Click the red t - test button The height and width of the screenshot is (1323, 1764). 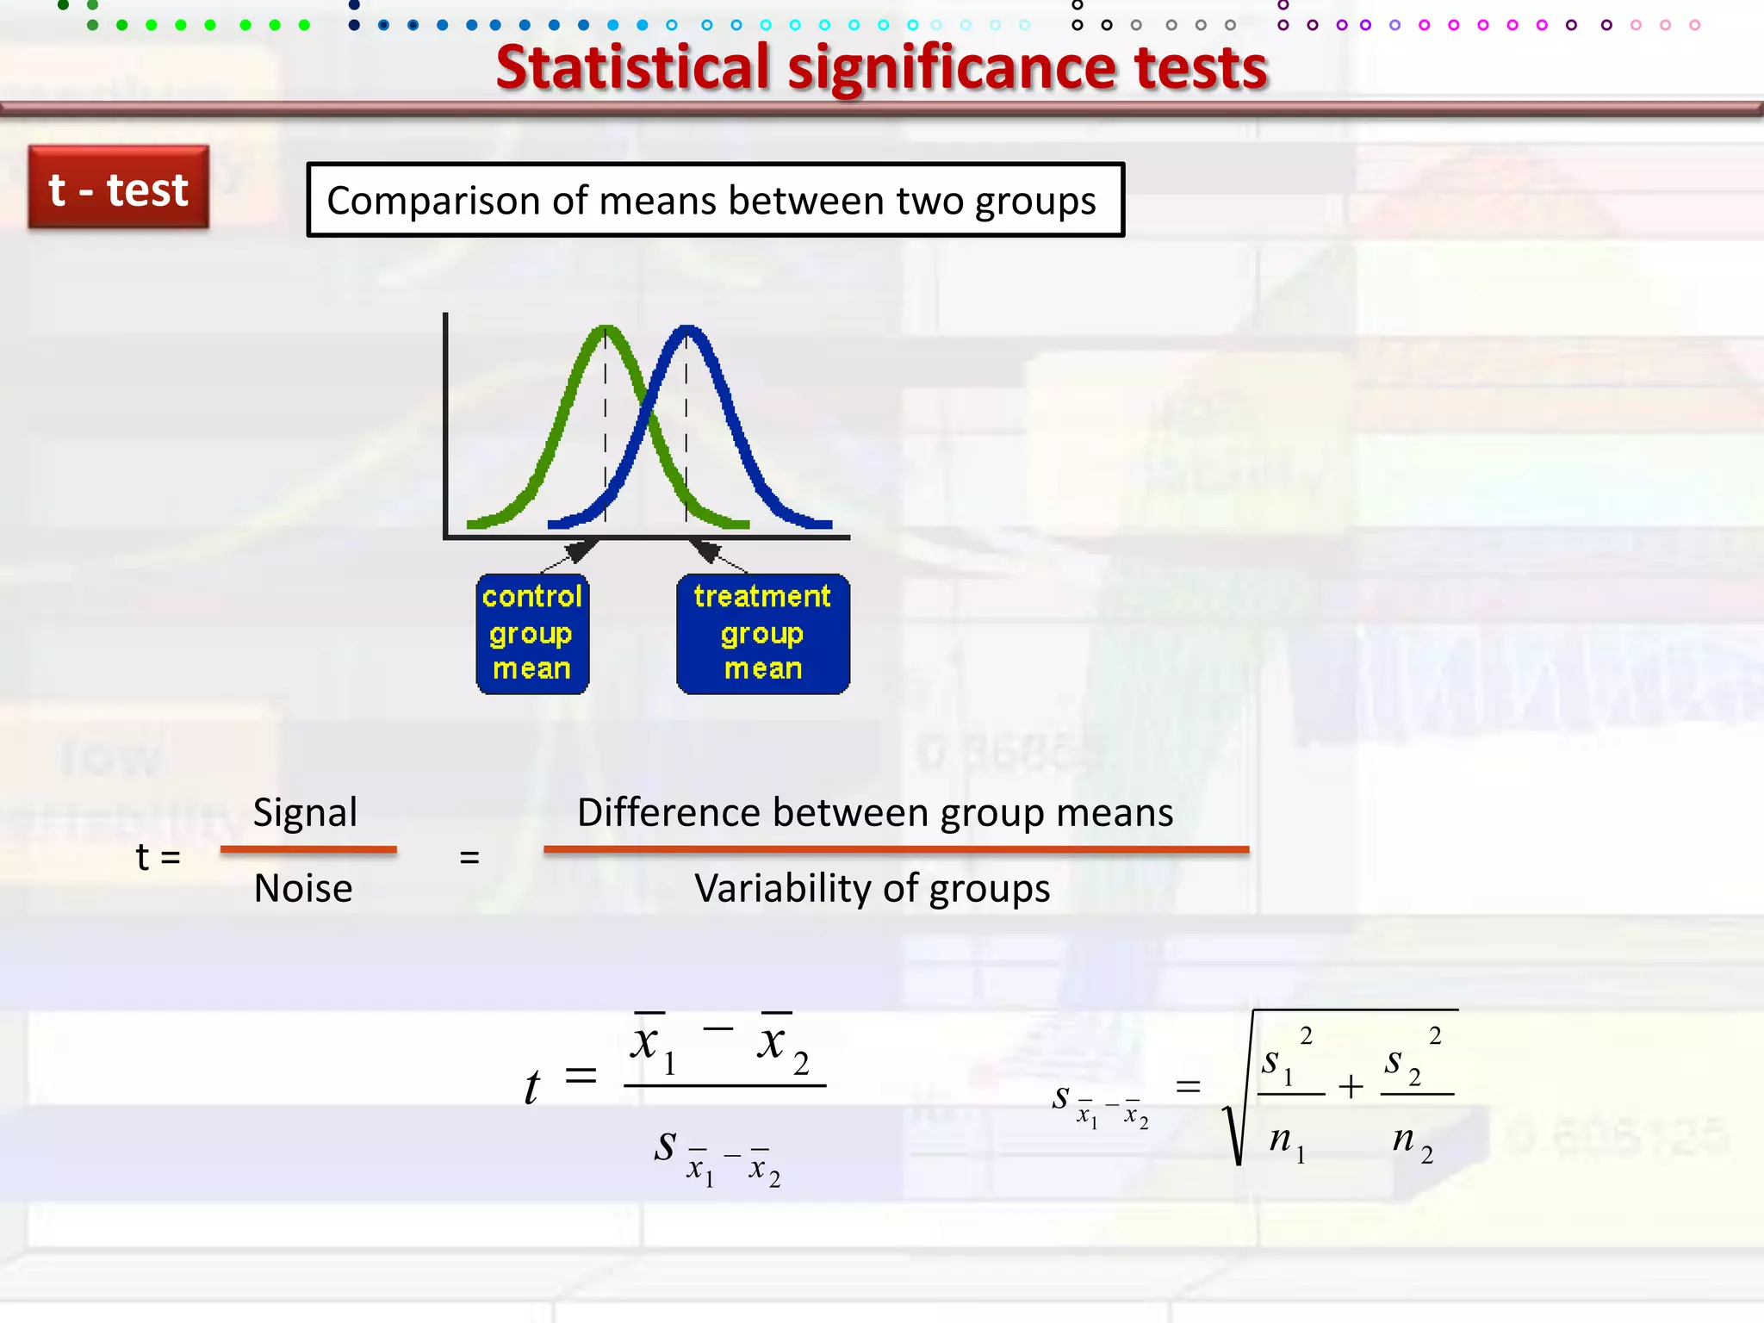point(119,188)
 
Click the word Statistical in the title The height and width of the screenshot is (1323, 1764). point(632,69)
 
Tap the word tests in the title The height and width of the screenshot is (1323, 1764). point(1201,69)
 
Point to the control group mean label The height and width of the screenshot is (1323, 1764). point(532,633)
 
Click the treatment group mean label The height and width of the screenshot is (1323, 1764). point(762,633)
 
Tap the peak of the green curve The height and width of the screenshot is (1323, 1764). point(606,328)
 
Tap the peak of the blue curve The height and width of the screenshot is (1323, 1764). point(686,328)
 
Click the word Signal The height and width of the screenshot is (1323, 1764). point(305,813)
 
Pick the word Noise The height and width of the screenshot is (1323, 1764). point(303,889)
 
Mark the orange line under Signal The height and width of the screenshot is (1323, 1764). point(308,850)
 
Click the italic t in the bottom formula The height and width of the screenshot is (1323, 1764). point(532,1087)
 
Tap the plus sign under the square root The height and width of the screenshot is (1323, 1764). point(1351,1087)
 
